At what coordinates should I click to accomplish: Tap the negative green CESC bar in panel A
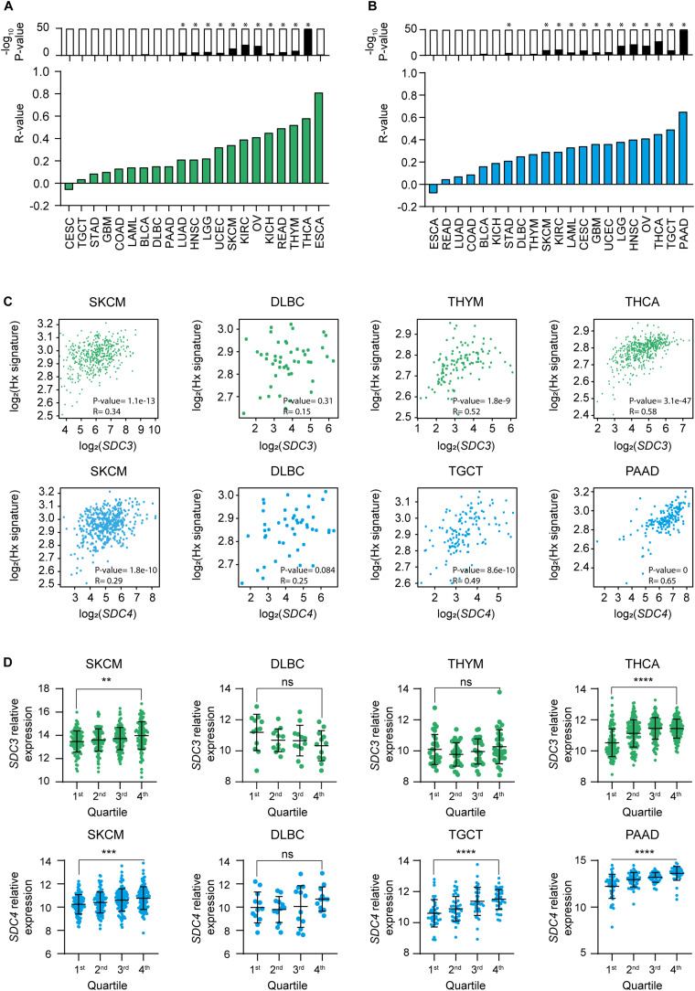[x=68, y=186]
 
